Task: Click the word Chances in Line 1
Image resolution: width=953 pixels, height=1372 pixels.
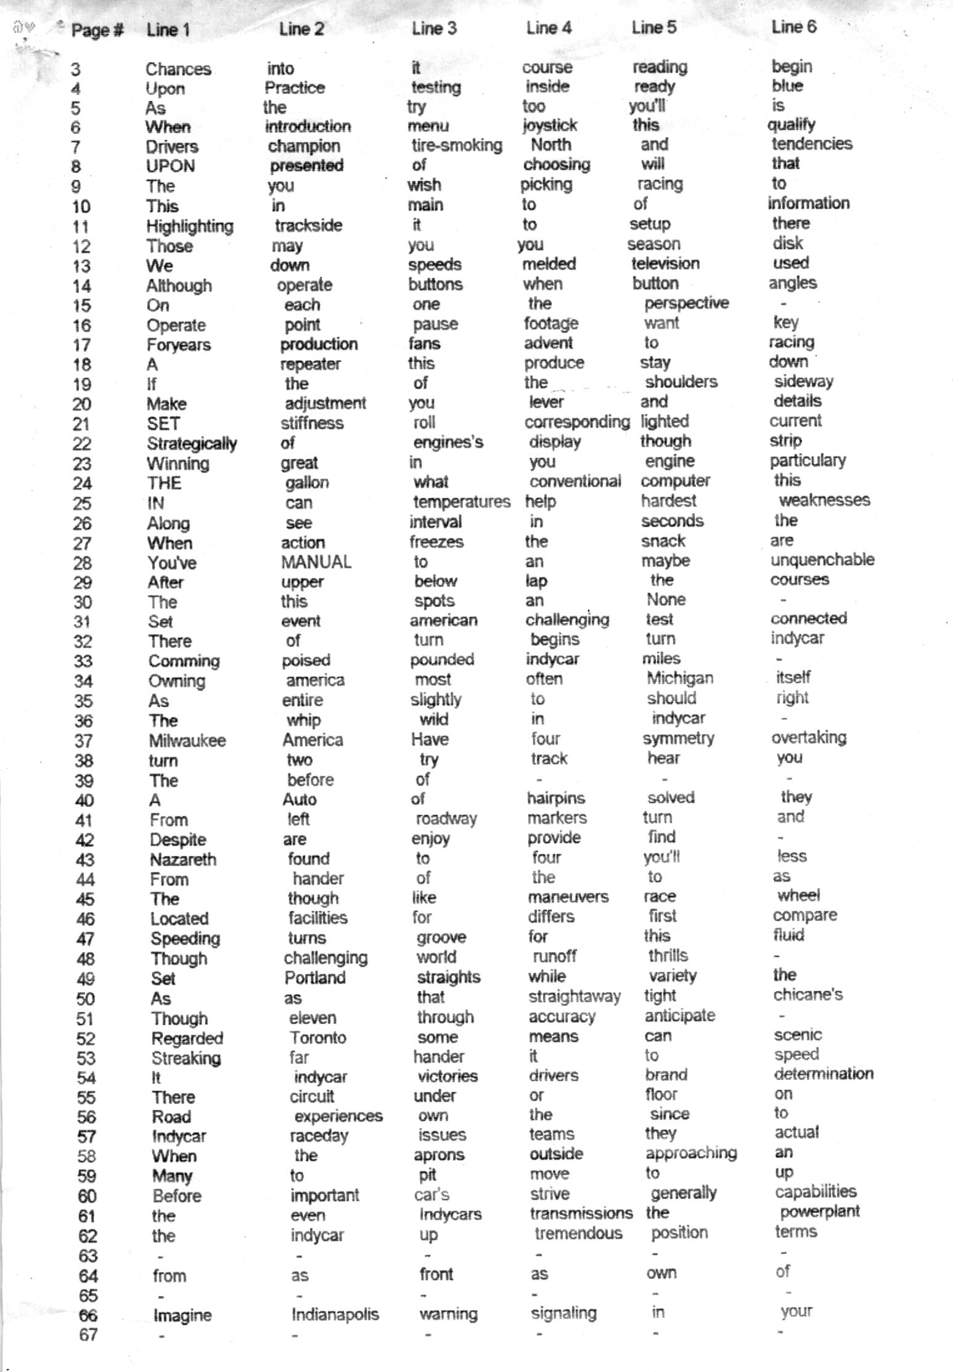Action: (x=178, y=69)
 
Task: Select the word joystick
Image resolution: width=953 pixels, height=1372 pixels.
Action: (x=550, y=126)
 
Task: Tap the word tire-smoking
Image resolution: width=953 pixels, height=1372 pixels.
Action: (x=457, y=145)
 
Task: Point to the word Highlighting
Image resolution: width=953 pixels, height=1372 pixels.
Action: (x=190, y=227)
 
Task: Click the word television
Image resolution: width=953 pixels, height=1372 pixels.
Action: (x=665, y=264)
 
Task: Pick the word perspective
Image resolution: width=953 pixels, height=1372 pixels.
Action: (x=686, y=303)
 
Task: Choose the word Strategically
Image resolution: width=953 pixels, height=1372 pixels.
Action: (x=192, y=444)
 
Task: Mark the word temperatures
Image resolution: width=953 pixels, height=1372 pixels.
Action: (x=462, y=502)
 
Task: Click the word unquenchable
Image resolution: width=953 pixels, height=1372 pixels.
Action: (x=822, y=560)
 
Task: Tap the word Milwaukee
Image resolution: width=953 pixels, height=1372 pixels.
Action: (x=187, y=740)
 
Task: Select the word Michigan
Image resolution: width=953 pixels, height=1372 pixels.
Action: (x=679, y=678)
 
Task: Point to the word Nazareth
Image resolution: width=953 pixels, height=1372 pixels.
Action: (x=183, y=859)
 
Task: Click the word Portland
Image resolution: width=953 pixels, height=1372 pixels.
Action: (x=315, y=978)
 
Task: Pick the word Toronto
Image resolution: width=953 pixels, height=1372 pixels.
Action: (x=318, y=1037)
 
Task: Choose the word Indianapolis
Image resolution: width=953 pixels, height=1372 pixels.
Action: (x=335, y=1314)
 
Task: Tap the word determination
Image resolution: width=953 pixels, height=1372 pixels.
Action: (x=824, y=1074)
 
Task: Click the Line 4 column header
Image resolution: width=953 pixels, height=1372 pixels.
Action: (x=549, y=28)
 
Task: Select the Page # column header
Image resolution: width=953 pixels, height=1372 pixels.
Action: (x=97, y=30)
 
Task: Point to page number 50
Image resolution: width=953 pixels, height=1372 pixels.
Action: (x=85, y=998)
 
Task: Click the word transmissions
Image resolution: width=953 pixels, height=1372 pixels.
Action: (x=581, y=1213)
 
